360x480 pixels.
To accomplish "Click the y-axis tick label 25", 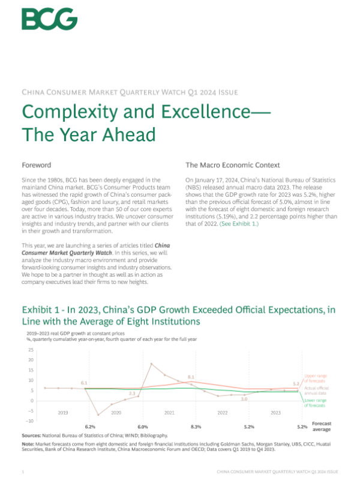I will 31,349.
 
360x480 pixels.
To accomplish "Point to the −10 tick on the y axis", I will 29,421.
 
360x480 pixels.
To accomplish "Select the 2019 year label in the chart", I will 63,413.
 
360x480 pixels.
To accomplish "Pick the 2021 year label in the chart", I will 169,413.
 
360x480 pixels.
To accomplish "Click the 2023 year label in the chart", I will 275,413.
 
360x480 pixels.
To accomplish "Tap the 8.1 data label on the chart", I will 191,377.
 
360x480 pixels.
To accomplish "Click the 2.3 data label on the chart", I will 133,393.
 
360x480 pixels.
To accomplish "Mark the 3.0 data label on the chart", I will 244,399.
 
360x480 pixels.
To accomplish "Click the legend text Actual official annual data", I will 316,390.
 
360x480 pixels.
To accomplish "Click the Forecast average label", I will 322,425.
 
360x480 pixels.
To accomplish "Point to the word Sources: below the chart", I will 32,435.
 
